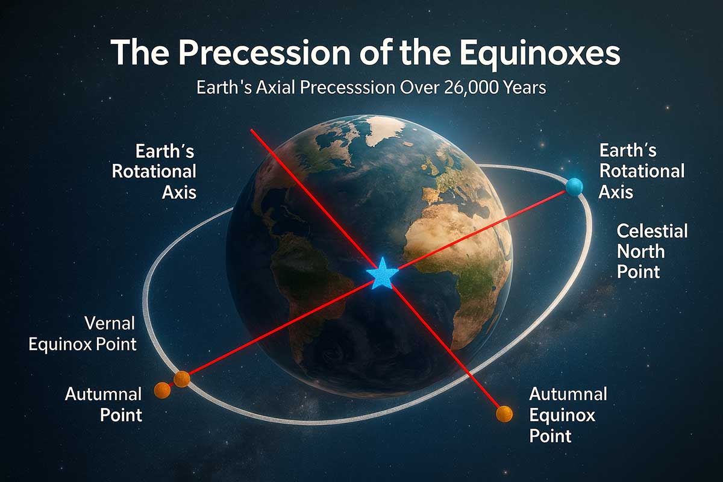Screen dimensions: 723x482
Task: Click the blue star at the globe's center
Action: point(382,274)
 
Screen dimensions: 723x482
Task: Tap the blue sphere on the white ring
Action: point(575,187)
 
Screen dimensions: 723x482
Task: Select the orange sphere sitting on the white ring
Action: point(182,379)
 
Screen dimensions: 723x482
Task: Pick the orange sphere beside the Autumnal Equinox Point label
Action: point(504,414)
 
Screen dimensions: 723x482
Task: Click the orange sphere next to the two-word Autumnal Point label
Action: point(162,390)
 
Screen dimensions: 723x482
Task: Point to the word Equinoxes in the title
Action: point(540,54)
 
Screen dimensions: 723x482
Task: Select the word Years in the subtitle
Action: point(524,87)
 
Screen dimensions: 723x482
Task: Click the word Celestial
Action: point(652,231)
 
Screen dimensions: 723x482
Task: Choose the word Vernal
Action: point(110,323)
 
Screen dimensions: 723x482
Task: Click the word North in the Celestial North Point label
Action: point(640,251)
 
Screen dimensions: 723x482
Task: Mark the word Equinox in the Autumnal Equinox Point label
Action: point(562,416)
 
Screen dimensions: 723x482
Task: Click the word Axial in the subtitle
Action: point(275,87)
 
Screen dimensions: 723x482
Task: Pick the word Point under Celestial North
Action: point(638,272)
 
